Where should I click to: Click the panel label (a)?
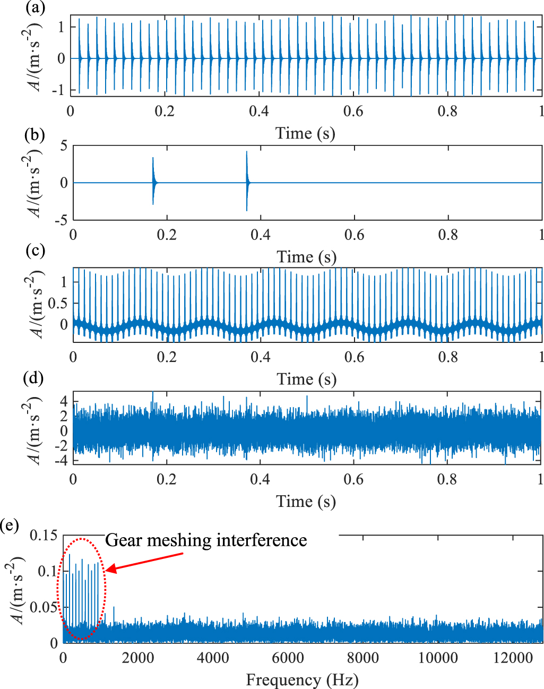click(x=34, y=8)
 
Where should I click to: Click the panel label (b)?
click(x=34, y=135)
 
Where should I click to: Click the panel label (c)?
click(x=34, y=251)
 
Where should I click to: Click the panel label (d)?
click(x=34, y=379)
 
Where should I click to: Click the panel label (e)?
click(x=10, y=526)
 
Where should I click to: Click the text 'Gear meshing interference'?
click(x=206, y=540)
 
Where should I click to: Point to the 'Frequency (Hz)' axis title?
click(x=302, y=679)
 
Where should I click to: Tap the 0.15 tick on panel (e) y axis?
click(x=44, y=535)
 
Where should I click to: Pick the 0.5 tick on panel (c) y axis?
click(x=58, y=303)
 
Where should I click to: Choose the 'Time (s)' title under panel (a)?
click(x=305, y=133)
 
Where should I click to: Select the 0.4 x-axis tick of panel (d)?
click(x=260, y=479)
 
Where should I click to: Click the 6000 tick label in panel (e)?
click(x=287, y=658)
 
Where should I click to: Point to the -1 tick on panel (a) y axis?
click(x=59, y=90)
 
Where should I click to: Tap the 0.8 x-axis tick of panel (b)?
click(x=448, y=235)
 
